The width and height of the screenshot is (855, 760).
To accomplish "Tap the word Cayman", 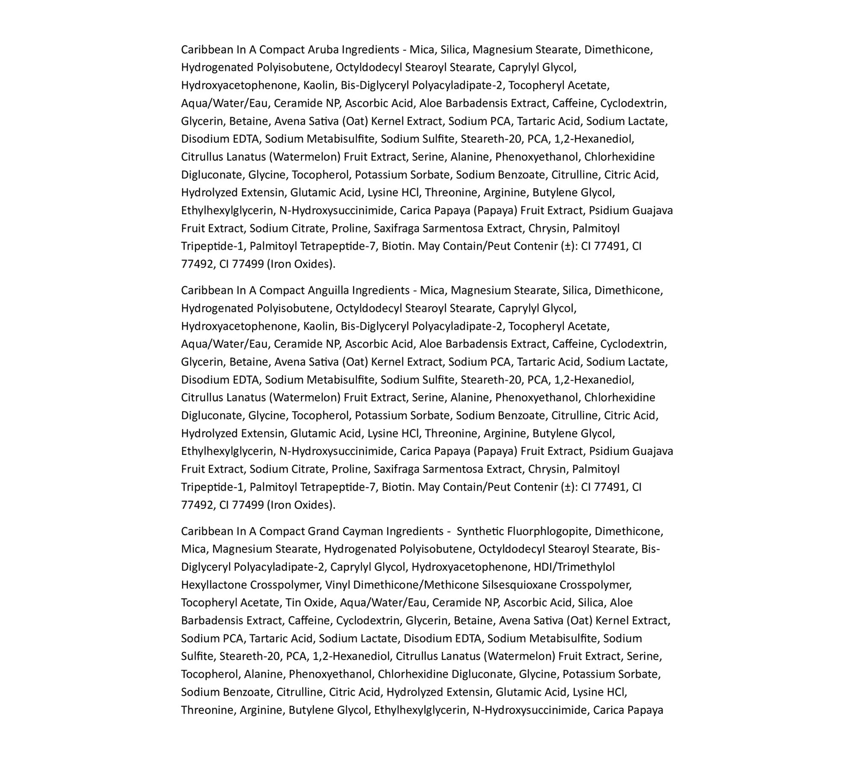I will click(363, 531).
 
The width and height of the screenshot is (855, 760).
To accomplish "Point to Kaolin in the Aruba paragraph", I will click(318, 85).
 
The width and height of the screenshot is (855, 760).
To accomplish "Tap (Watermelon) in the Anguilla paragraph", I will click(305, 398).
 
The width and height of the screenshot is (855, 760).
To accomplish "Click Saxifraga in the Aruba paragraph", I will click(396, 228).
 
